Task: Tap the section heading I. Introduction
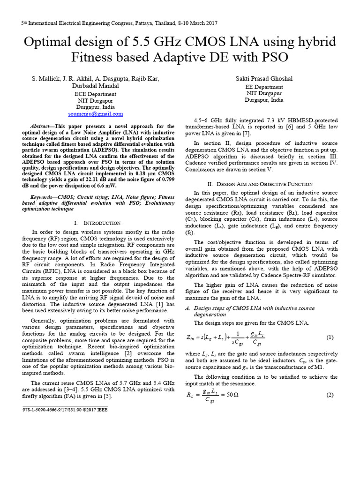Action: point(97,223)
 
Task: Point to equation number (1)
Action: point(329,337)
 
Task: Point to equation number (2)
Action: point(329,395)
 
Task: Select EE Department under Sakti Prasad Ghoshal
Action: point(264,87)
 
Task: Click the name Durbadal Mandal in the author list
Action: point(96,86)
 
